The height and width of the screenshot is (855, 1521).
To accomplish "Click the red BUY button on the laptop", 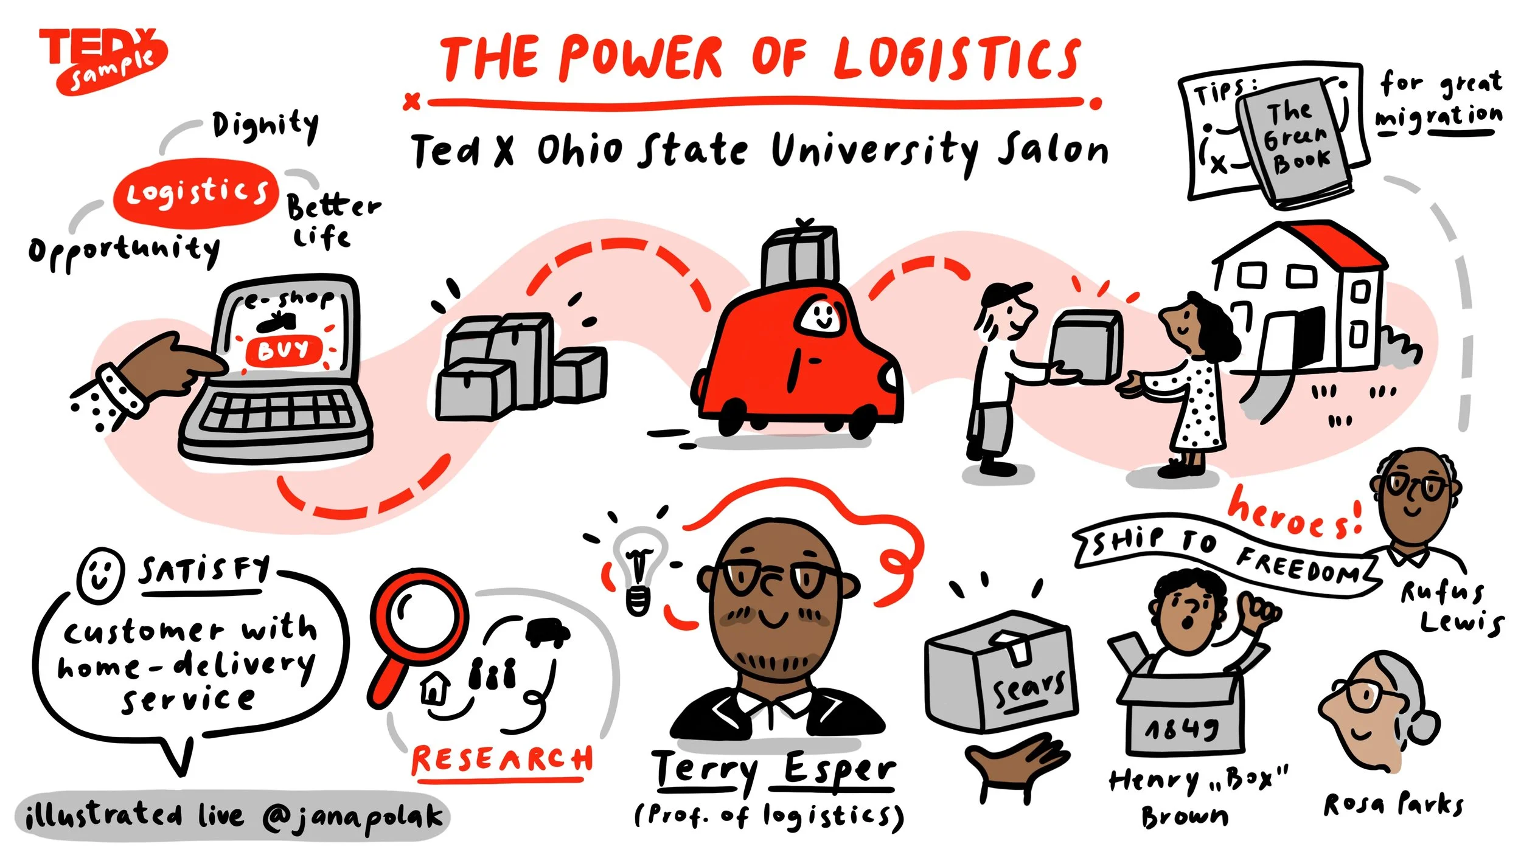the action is click(x=283, y=350).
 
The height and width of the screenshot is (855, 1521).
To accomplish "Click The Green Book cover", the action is click(x=1296, y=140).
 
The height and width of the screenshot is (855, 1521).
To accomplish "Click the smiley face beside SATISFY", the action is click(x=100, y=574).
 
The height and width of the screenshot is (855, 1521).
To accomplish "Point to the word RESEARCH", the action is click(x=502, y=760).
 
